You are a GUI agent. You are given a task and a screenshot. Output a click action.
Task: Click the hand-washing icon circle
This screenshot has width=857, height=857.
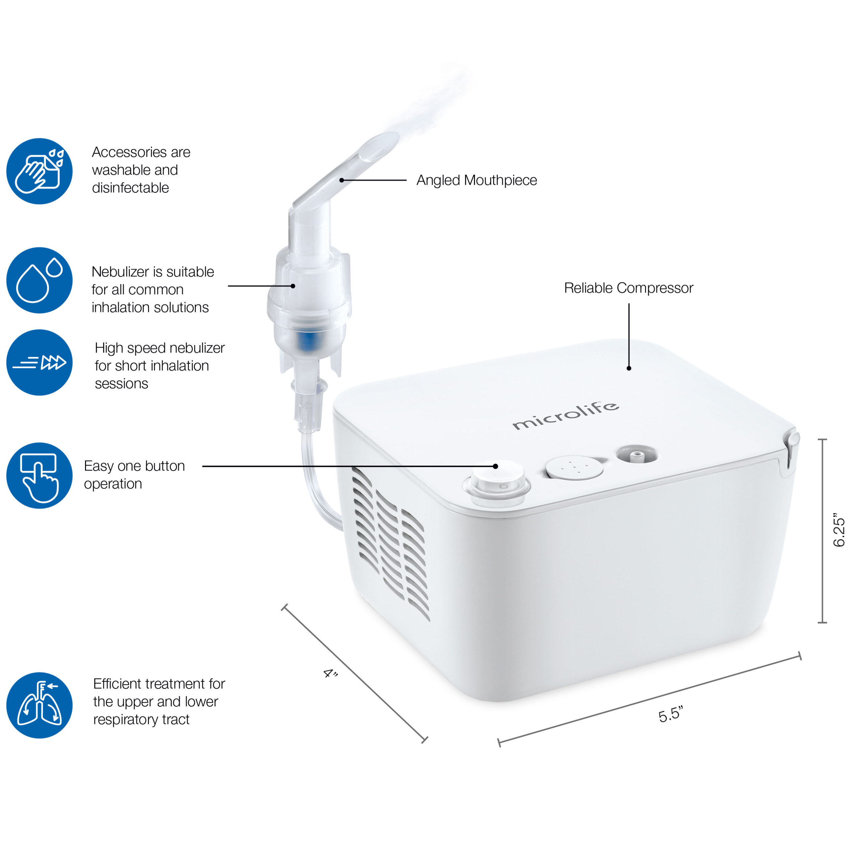(x=40, y=171)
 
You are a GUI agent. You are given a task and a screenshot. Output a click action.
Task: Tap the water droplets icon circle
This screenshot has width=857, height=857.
(x=40, y=280)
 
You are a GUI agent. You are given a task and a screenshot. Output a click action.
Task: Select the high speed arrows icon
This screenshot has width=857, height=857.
(x=40, y=363)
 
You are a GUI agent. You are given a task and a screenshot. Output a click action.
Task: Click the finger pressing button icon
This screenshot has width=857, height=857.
(x=40, y=475)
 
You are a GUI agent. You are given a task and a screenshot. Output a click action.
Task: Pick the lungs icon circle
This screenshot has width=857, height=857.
(x=40, y=705)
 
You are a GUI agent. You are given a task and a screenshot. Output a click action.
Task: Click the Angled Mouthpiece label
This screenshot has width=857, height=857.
(x=476, y=180)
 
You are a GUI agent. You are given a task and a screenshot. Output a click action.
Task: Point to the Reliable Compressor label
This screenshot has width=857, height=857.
(x=629, y=288)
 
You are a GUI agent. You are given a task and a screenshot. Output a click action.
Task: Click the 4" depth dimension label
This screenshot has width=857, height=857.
(x=330, y=674)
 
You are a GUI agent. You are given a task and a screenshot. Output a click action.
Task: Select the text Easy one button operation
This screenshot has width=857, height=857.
(x=134, y=475)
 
